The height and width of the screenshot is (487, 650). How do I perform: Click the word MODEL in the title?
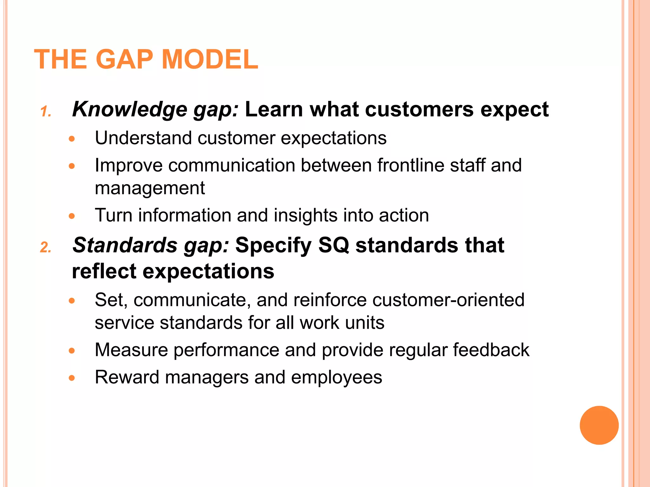coord(210,60)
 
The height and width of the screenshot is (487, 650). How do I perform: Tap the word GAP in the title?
coord(124,60)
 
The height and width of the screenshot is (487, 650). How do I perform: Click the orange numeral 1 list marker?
coord(45,112)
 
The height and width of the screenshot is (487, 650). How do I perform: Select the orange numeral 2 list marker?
coord(45,247)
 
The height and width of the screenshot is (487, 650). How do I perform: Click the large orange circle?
coord(599,425)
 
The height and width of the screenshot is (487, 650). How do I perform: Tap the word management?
coord(150,188)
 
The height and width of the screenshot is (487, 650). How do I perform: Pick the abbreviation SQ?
coord(333,245)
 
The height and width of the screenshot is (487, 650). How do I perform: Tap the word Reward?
coord(127,377)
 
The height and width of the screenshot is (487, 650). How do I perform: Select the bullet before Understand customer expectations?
coord(72,139)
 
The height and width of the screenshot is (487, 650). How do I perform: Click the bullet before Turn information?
coord(72,216)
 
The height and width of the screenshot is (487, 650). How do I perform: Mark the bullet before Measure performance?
coord(72,351)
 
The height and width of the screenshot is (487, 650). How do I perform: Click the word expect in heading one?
coord(514,110)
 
